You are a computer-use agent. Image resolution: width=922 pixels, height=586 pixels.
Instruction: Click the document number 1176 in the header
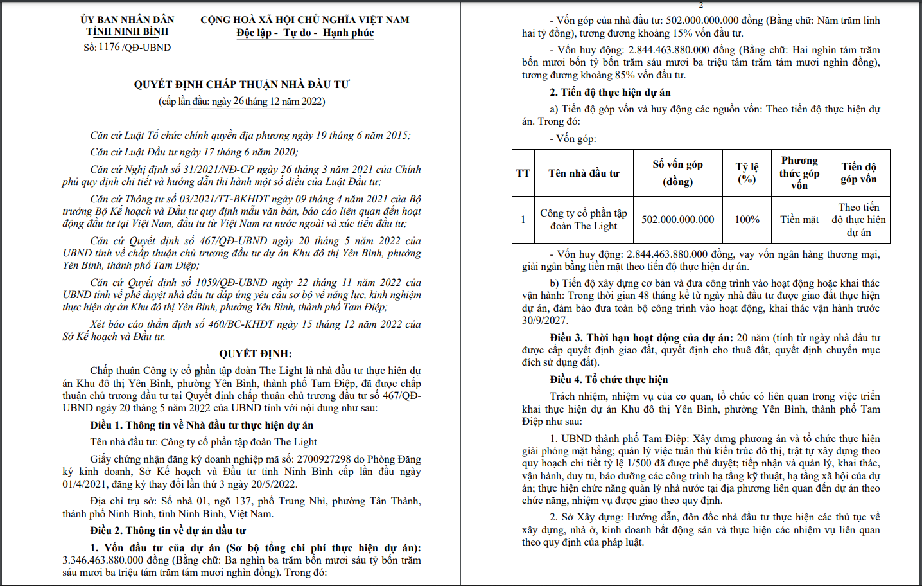pos(109,47)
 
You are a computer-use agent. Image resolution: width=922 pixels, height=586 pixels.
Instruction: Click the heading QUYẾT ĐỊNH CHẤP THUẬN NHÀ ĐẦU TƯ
pos(242,84)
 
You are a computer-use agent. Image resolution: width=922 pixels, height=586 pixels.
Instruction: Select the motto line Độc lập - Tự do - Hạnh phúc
pos(305,33)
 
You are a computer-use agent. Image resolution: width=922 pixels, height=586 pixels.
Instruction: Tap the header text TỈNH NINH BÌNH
pos(127,31)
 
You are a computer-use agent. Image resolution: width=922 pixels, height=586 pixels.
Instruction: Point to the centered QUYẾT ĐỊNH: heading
pos(256,353)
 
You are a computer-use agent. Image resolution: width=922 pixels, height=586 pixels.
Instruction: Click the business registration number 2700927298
pos(320,459)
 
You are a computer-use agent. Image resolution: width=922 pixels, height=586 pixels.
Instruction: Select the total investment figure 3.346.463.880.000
pos(103,560)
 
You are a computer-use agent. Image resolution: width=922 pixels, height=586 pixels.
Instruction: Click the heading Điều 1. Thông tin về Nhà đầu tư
pos(202,425)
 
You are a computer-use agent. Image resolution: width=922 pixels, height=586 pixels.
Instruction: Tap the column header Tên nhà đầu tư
pos(584,173)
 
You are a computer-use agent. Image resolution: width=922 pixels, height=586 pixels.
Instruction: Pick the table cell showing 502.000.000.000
pos(677,219)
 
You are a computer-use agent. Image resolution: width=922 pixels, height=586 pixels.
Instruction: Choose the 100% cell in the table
pos(747,219)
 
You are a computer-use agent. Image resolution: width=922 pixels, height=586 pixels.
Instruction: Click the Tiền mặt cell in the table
pos(799,219)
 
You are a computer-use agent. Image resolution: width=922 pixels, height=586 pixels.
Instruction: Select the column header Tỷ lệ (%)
pos(747,173)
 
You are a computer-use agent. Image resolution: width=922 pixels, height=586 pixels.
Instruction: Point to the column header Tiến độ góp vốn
pos(858,173)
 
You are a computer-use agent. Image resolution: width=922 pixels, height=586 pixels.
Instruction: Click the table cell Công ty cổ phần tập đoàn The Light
pos(584,219)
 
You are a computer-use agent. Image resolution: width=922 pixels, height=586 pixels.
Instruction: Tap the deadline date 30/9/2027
pos(544,320)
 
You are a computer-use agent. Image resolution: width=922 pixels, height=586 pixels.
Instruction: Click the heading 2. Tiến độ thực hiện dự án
pos(610,92)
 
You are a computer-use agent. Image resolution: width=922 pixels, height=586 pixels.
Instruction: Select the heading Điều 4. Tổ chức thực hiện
pos(609,379)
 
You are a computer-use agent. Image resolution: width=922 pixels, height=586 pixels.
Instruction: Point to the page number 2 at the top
pos(700,4)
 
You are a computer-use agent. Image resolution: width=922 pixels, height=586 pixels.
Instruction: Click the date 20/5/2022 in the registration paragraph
pos(270,484)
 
